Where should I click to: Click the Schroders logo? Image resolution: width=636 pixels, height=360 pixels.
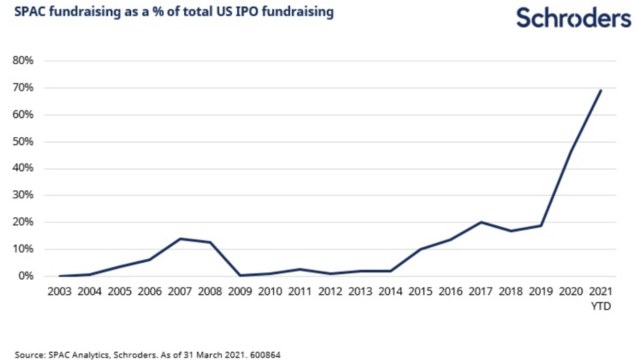coord(573,18)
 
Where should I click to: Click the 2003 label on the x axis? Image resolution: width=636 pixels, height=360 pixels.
coord(60,293)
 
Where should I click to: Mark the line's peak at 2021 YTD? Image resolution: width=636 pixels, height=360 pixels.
coord(601,90)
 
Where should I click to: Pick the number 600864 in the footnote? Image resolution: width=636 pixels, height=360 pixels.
coord(265,354)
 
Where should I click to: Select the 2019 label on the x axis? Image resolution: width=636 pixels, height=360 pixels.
coord(541,293)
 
